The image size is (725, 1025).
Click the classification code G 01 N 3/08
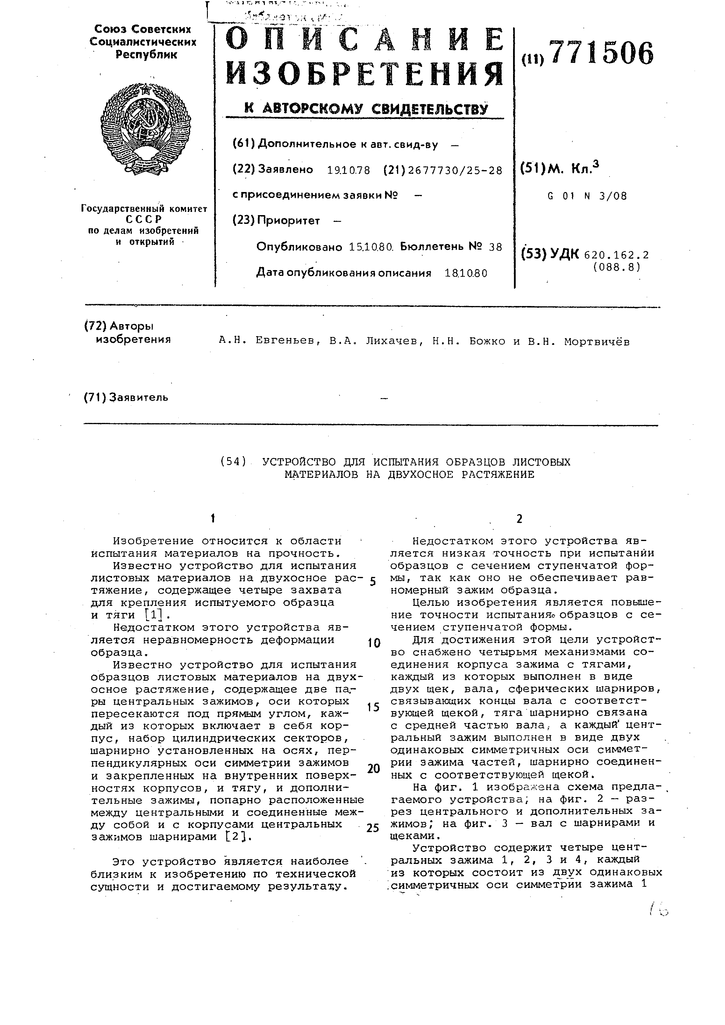[587, 196]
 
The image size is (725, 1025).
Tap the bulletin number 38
[496, 247]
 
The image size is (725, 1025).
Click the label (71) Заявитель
[126, 397]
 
